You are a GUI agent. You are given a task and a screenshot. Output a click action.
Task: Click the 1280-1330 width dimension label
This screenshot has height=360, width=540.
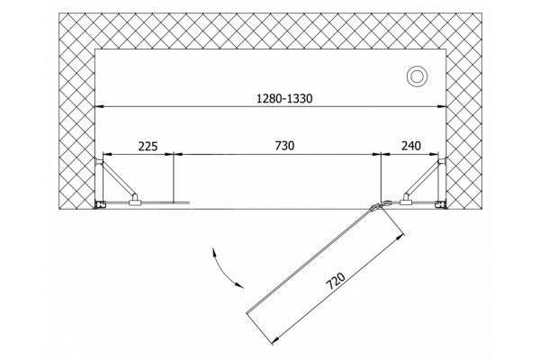[284, 99]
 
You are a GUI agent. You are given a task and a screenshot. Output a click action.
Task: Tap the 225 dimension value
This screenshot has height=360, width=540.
[148, 147]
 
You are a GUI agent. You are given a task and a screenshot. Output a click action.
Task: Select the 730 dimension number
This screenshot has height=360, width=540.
[284, 146]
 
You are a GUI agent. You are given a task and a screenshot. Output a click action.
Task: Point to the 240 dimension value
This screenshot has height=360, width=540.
[411, 146]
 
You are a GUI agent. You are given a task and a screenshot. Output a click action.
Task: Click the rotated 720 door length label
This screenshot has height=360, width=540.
[336, 281]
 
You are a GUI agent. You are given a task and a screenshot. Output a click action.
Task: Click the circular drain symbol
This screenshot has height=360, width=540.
[417, 76]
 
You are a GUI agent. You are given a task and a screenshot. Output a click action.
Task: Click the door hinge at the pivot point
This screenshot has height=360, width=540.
[378, 206]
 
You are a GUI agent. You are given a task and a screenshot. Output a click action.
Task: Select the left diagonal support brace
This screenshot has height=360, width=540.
[117, 179]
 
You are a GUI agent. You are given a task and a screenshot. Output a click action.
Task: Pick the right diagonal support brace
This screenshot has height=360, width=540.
[423, 179]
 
